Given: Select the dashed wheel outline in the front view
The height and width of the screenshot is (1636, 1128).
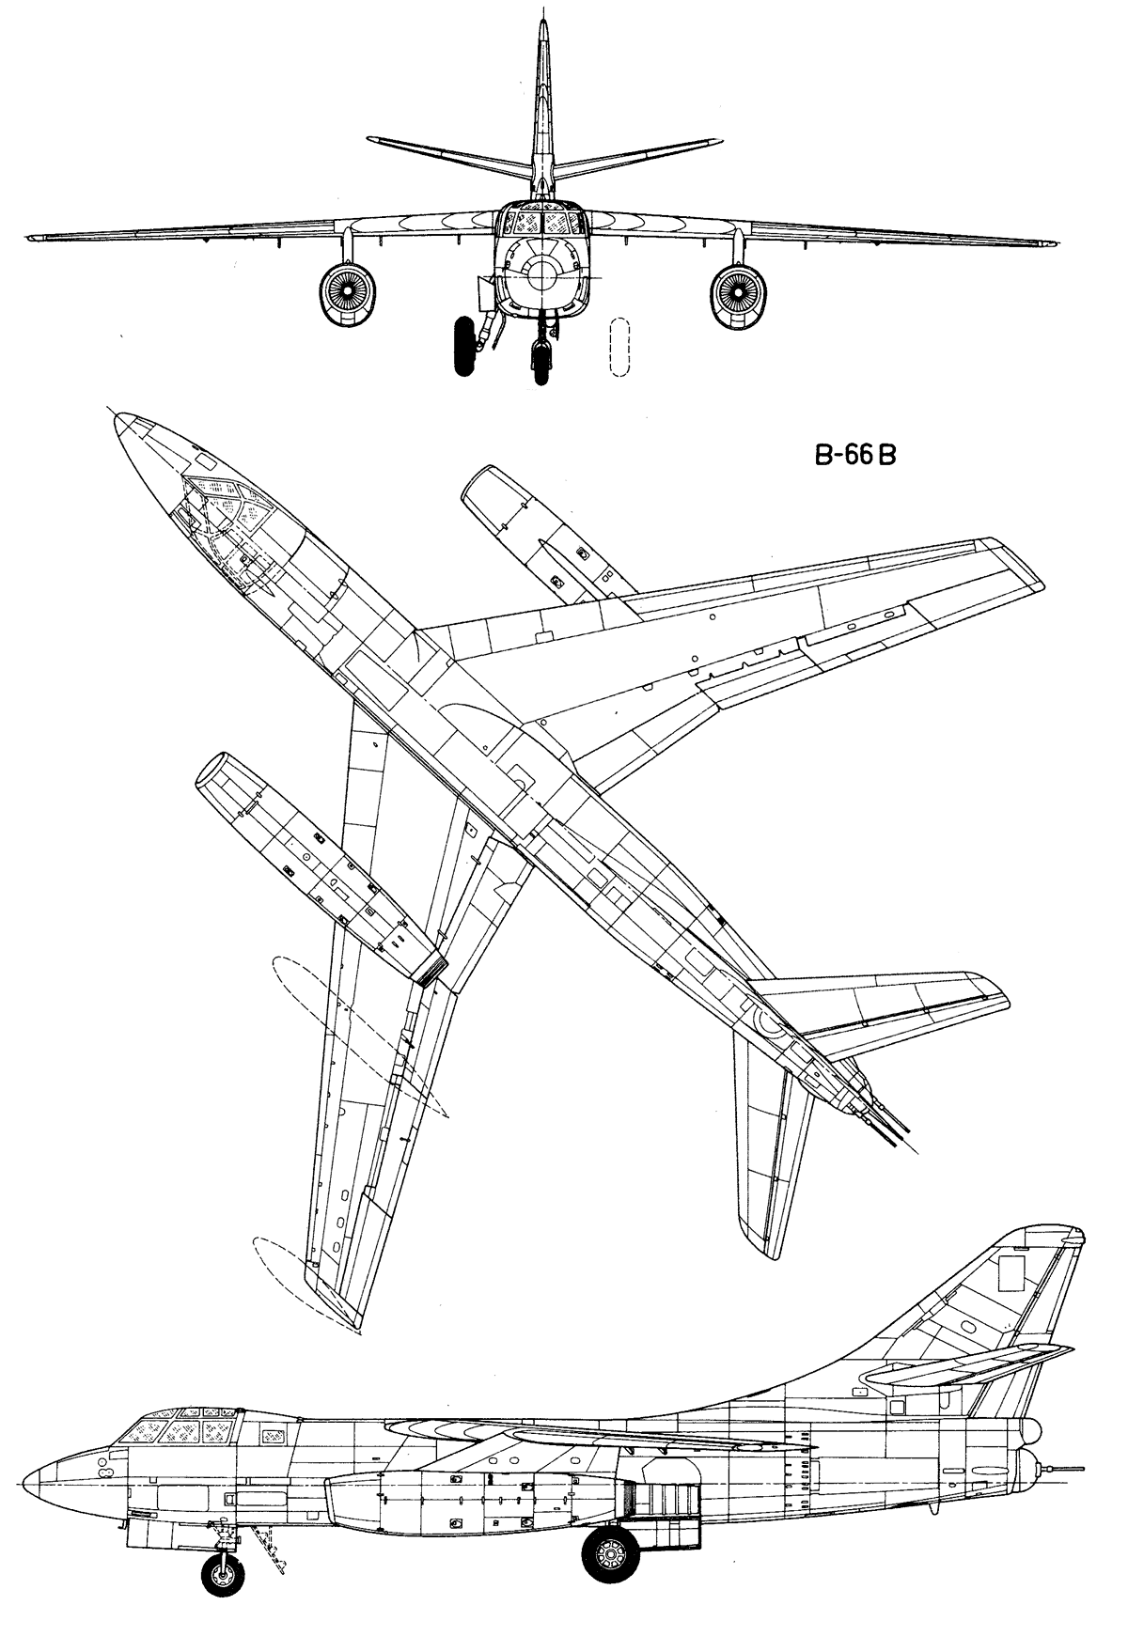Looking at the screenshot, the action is click(619, 349).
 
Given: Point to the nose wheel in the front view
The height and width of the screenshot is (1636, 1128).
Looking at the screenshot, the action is click(542, 362).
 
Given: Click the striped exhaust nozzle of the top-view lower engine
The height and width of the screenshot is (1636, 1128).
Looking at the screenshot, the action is click(431, 969).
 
